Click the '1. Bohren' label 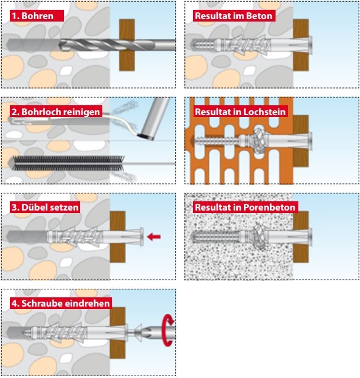click(37, 15)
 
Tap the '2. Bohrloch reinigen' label click(55, 111)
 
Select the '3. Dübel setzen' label click(45, 207)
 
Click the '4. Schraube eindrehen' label click(61, 303)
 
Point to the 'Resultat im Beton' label click(234, 15)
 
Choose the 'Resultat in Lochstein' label click(240, 111)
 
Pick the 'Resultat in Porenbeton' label click(245, 207)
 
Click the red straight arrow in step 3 click(154, 237)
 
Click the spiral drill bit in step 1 click(117, 45)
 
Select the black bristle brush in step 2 click(68, 163)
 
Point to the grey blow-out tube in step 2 click(154, 118)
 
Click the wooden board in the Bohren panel click(127, 45)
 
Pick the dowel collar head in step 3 click(141, 237)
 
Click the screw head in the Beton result click(311, 45)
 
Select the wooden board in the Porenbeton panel click(301, 237)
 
